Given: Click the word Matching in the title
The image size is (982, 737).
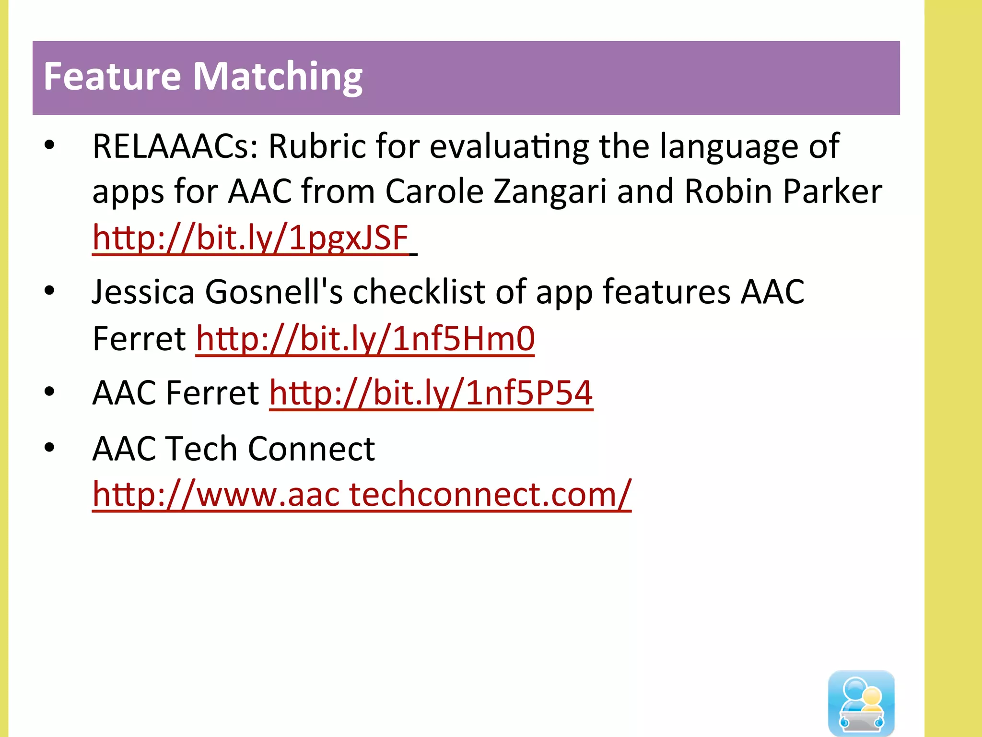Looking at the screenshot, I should [x=278, y=77].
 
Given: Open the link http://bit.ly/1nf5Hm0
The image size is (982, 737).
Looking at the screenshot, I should [x=365, y=339].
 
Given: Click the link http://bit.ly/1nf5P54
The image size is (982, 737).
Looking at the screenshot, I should [x=431, y=393].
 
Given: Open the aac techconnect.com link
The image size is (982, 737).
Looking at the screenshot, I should [x=362, y=494].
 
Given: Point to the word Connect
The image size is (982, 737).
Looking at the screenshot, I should [x=311, y=449].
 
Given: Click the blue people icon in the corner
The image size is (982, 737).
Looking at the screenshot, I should [x=861, y=702].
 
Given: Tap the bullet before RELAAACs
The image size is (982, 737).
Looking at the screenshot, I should [x=49, y=145].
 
